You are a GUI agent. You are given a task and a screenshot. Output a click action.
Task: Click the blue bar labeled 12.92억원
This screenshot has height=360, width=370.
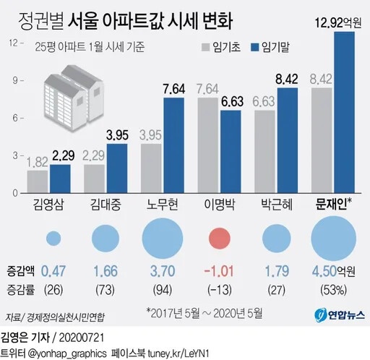[344, 113]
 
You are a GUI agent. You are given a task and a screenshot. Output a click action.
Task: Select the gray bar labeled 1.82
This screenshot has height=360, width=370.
[38, 182]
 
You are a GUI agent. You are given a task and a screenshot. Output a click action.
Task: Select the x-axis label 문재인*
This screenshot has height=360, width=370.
[333, 206]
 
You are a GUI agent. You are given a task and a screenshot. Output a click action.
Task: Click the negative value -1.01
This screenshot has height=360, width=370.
[220, 272]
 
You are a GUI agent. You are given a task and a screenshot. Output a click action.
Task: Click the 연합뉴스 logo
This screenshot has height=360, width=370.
[339, 316]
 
